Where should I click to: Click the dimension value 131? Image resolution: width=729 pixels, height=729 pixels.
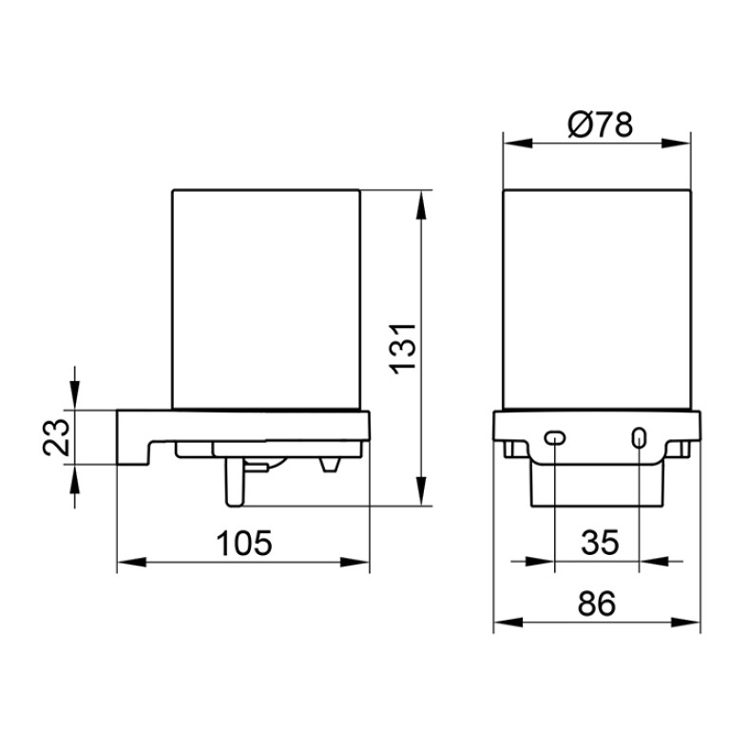pyautogui.click(x=403, y=349)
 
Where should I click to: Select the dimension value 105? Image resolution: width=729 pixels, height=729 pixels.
pyautogui.click(x=244, y=543)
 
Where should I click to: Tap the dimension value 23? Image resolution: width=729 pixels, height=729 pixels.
pyautogui.click(x=56, y=437)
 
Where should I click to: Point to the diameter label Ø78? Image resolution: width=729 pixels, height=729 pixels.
pyautogui.click(x=601, y=125)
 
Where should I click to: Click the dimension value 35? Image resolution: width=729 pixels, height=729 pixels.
pyautogui.click(x=600, y=542)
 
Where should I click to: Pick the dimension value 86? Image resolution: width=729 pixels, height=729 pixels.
pyautogui.click(x=597, y=604)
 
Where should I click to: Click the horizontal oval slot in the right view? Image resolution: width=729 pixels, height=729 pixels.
pyautogui.click(x=555, y=437)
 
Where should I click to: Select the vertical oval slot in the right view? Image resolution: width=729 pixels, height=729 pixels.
pyautogui.click(x=640, y=438)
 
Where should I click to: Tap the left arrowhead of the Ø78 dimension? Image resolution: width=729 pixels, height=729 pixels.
pyautogui.click(x=517, y=144)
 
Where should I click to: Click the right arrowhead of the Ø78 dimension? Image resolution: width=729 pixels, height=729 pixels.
pyautogui.click(x=676, y=144)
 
